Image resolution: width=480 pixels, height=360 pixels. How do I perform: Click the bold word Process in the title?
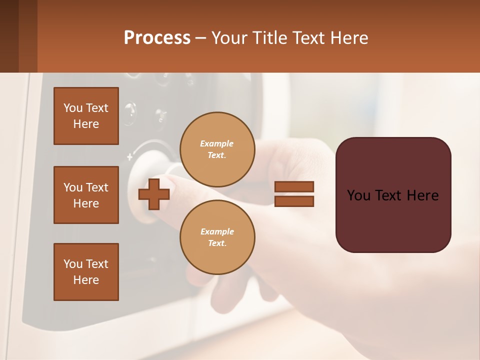(x=157, y=37)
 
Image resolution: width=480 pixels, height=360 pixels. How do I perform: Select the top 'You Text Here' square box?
(x=86, y=116)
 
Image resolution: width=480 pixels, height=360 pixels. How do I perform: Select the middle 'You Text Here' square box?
(x=86, y=195)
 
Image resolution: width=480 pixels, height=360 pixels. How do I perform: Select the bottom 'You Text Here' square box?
(x=86, y=272)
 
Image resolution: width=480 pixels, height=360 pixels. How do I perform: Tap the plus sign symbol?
(x=153, y=194)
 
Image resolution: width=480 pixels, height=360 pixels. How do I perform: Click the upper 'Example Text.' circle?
(x=217, y=149)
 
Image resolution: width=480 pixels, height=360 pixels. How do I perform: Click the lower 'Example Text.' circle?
(x=217, y=237)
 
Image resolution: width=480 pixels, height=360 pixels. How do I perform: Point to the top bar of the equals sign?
(x=294, y=187)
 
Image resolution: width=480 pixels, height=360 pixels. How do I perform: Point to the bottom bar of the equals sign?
(x=294, y=201)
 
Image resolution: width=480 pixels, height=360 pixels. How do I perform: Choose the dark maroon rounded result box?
(x=393, y=220)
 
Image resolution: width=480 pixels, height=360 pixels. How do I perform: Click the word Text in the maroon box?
(x=390, y=195)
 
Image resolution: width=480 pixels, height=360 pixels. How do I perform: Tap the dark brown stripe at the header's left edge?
(x=9, y=36)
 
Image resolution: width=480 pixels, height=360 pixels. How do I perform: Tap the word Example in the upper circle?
(x=217, y=143)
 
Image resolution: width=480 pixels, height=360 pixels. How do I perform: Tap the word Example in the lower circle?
(x=217, y=231)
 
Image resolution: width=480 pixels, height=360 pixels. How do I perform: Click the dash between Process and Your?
(x=200, y=38)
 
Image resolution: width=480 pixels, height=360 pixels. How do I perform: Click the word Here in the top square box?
(x=86, y=124)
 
